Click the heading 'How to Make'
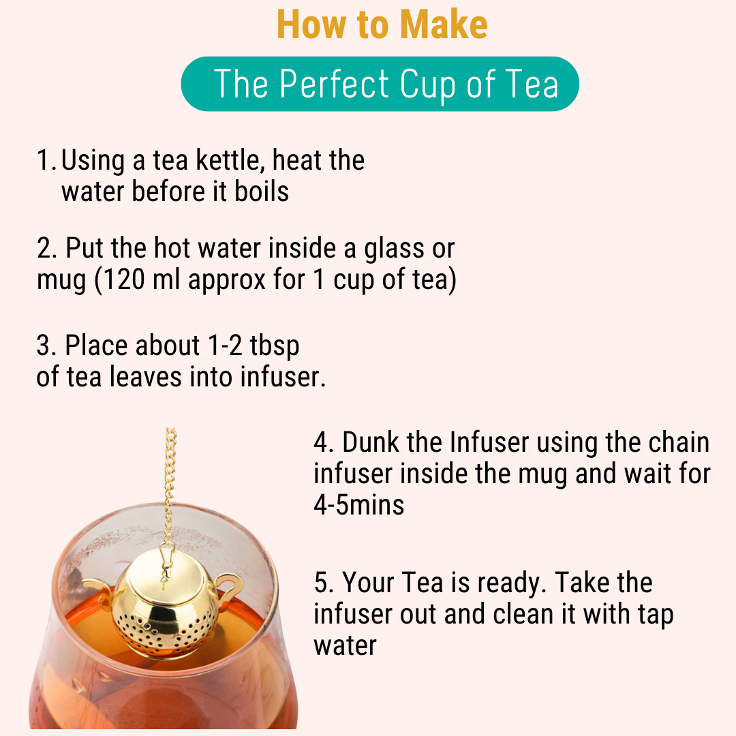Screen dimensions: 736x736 (382, 25)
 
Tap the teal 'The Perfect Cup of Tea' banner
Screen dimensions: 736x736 (380, 85)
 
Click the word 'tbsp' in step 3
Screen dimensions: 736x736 (274, 346)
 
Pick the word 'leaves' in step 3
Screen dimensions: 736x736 (145, 377)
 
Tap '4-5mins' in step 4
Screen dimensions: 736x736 (358, 505)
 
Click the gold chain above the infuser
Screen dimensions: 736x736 (170, 477)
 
